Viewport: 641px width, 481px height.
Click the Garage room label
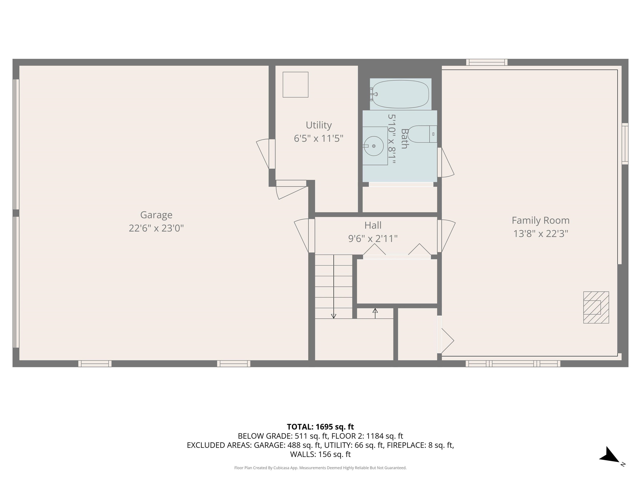coord(156,215)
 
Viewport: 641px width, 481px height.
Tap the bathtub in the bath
coord(400,94)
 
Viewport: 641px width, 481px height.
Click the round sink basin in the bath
coord(373,146)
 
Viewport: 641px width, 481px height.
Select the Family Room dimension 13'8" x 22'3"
coord(540,234)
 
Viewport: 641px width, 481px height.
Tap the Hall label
coord(373,225)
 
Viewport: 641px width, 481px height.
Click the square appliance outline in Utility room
coord(295,85)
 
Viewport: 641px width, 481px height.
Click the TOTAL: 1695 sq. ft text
coord(320,427)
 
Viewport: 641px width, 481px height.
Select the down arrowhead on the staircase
coord(333,316)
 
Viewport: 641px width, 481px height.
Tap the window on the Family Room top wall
coord(487,62)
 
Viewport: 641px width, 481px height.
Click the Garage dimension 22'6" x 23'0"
coord(156,228)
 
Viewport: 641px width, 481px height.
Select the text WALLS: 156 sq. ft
coord(320,454)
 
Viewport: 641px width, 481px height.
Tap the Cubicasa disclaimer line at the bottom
coord(320,468)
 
